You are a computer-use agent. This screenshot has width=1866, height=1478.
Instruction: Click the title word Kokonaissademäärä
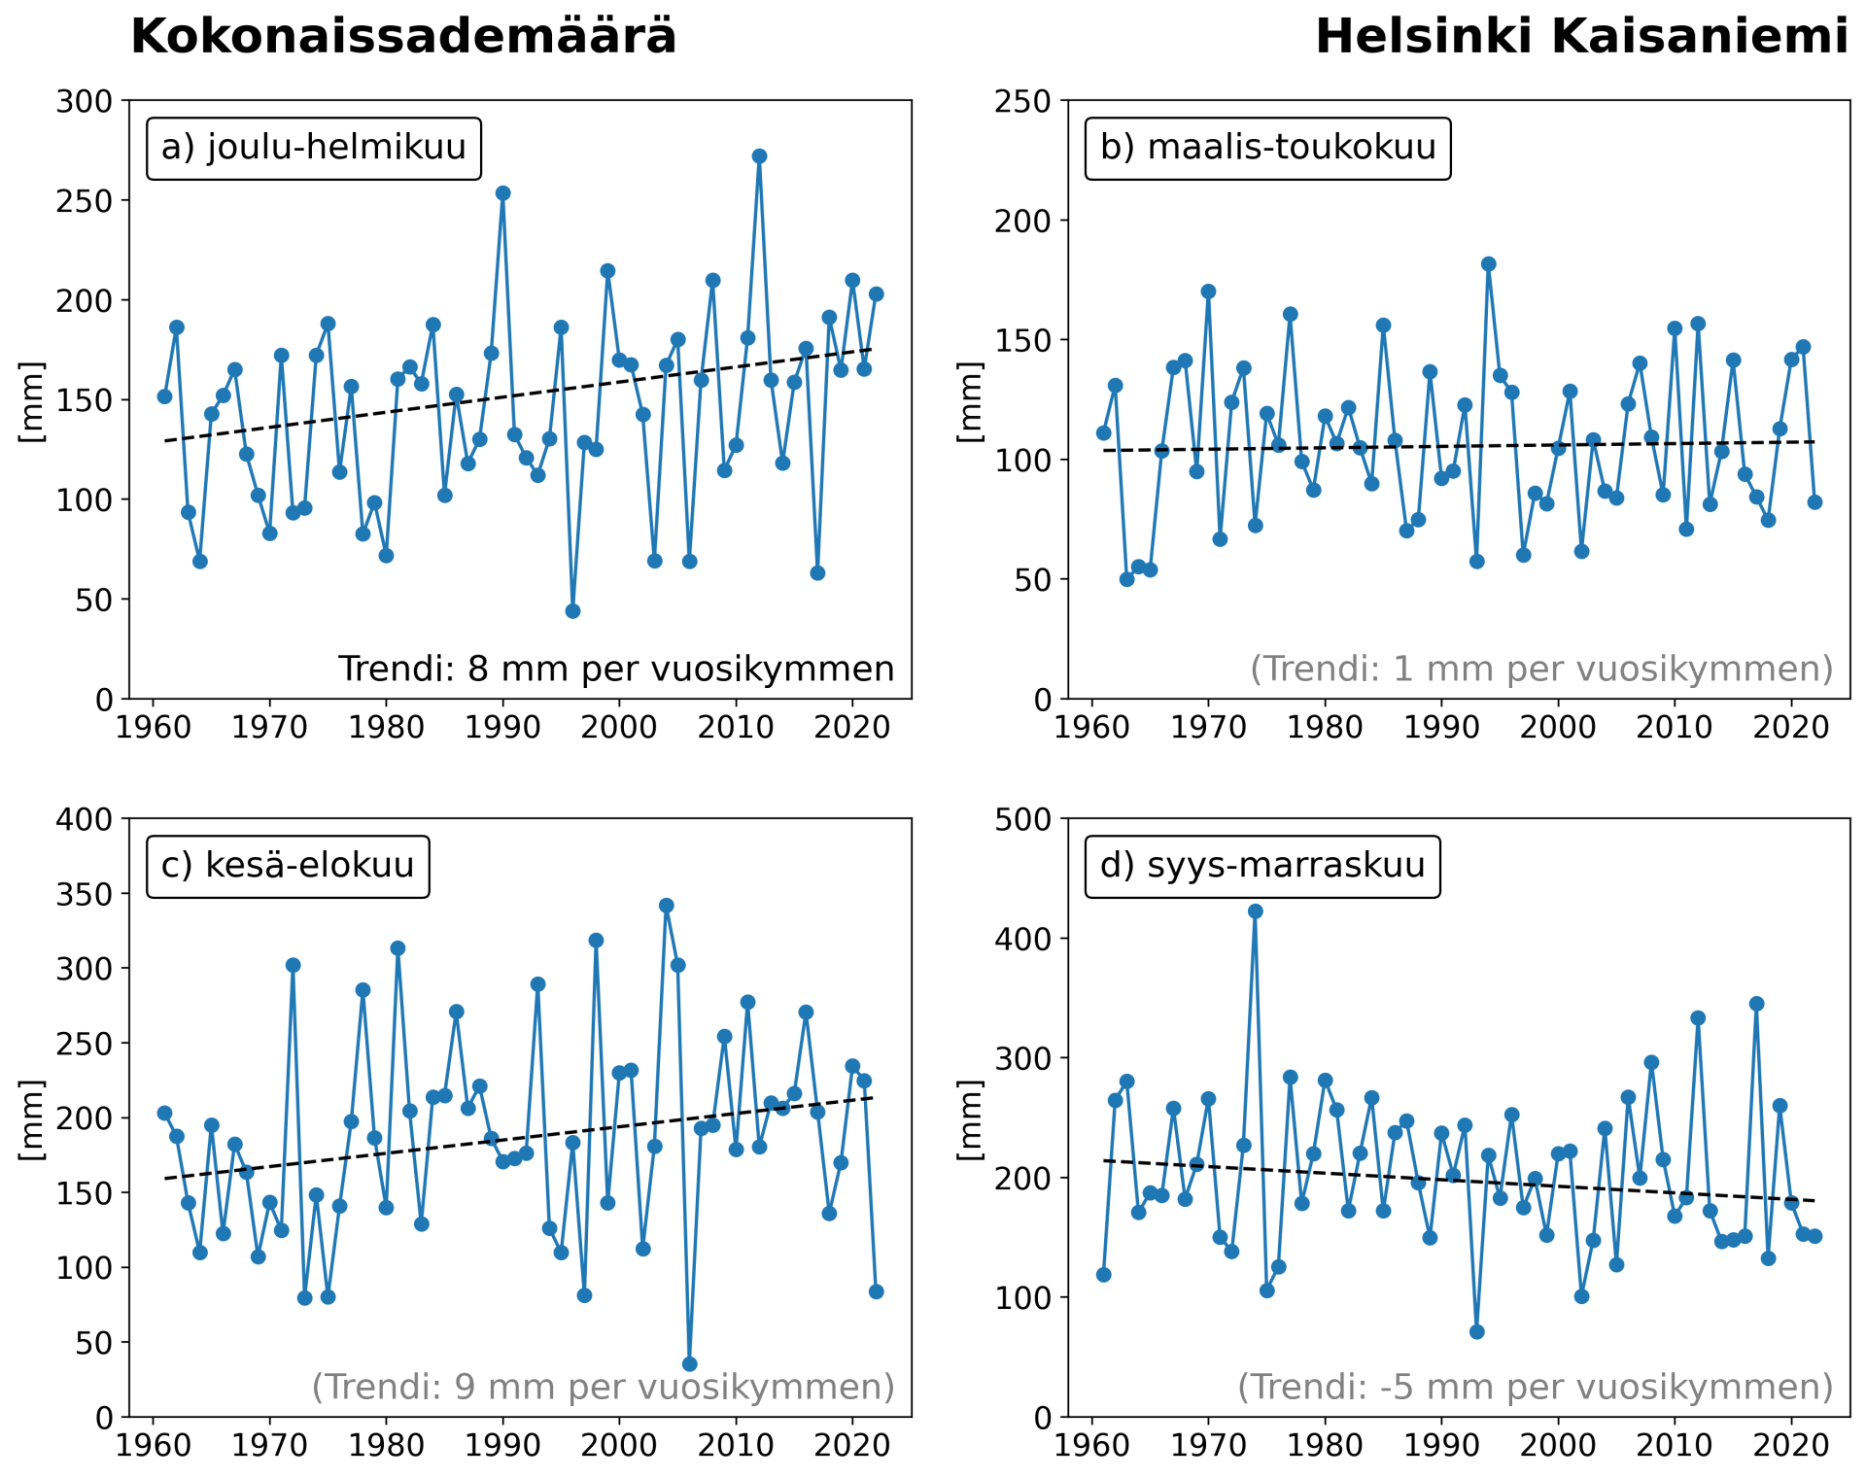tap(403, 37)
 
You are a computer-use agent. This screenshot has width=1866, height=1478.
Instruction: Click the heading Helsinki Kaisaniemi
tap(1581, 37)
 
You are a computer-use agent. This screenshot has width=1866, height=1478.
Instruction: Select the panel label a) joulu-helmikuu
tap(313, 148)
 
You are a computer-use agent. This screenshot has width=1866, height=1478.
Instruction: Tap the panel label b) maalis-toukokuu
tap(1267, 148)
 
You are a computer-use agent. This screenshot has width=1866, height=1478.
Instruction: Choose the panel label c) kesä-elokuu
tap(288, 865)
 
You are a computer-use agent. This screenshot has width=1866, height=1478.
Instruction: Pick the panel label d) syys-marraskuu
tap(1262, 865)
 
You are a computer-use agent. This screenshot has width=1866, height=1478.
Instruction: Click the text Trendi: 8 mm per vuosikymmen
tap(616, 669)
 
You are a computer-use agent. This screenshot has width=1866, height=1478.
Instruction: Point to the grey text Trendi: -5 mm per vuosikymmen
tap(1535, 1387)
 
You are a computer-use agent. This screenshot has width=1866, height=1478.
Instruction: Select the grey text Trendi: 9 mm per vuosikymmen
tap(603, 1387)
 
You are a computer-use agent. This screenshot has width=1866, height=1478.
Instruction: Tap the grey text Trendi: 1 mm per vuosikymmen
tap(1541, 669)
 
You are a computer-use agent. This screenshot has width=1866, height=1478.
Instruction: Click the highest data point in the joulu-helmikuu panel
tap(760, 156)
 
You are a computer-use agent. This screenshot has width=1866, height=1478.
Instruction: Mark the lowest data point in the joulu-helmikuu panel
tap(572, 611)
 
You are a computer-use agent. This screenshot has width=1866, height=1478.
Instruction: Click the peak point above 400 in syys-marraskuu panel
tap(1255, 911)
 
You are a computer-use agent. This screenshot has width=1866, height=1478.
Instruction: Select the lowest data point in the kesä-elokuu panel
tap(689, 1364)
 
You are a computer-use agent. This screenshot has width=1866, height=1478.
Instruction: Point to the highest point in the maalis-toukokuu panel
tap(1488, 264)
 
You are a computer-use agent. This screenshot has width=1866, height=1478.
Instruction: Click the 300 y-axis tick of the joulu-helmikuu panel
tap(85, 101)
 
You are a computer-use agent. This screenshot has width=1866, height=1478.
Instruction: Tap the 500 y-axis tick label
tap(1023, 819)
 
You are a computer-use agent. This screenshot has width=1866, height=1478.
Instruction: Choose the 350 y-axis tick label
tap(85, 894)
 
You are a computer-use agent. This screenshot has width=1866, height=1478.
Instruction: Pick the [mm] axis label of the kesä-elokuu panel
tap(32, 1118)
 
